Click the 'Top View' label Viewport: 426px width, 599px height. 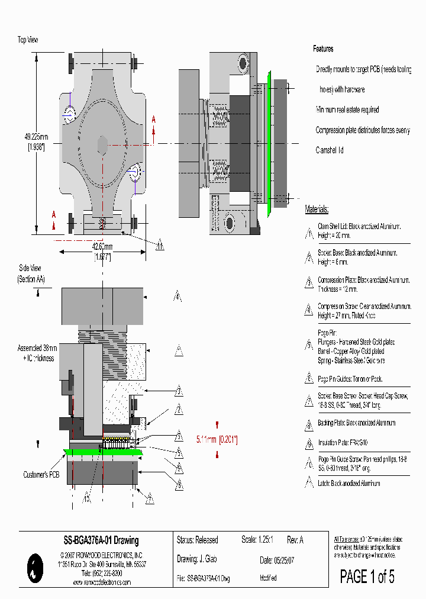[28, 40]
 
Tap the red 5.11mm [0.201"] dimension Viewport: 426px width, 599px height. [217, 439]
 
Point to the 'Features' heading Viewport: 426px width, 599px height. [323, 49]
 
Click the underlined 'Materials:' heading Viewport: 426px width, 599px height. [317, 209]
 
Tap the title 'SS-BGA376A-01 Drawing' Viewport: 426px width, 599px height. [101, 540]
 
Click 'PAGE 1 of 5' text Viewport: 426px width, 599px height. [367, 576]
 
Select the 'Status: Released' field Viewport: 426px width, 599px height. [197, 540]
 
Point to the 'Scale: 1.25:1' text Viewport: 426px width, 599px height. [257, 540]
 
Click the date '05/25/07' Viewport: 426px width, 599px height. [283, 560]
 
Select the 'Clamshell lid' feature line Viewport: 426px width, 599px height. [330, 150]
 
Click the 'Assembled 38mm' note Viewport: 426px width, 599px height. [38, 349]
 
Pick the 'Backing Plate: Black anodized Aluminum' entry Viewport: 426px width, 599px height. [356, 423]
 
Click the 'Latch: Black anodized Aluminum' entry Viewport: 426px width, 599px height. [348, 483]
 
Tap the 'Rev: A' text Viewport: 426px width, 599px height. [295, 540]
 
